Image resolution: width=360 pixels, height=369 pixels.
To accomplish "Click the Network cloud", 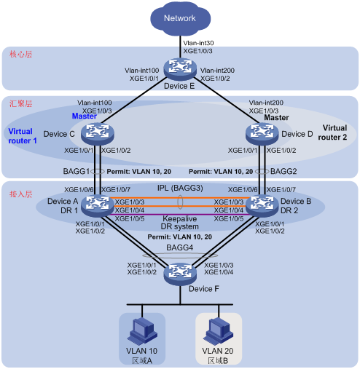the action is click(x=180, y=19).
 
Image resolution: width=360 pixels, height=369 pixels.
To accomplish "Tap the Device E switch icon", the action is click(x=180, y=68).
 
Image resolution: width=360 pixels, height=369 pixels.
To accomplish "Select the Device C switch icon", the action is click(x=98, y=134).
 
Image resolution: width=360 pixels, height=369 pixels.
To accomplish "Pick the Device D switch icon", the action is click(x=262, y=134).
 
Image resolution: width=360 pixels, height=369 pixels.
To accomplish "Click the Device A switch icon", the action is click(x=98, y=206).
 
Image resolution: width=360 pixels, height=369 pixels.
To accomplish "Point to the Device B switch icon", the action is click(x=262, y=206).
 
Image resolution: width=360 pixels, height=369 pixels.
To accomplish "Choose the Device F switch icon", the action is click(x=180, y=274).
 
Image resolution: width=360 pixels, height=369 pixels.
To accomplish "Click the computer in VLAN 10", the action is click(x=142, y=331).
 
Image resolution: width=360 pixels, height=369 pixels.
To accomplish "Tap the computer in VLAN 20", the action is click(x=219, y=331).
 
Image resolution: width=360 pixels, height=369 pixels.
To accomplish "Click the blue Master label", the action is click(x=85, y=116).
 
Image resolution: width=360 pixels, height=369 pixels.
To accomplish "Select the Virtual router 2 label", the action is click(x=332, y=132).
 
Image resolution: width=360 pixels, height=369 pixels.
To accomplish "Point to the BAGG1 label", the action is click(x=77, y=172).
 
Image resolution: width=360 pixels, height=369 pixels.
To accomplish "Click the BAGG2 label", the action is click(x=283, y=172).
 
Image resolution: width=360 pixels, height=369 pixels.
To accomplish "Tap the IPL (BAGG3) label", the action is click(x=180, y=188).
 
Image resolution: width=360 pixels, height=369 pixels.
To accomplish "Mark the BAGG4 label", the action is click(x=180, y=247).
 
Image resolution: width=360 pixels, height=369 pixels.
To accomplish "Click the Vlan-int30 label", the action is click(x=198, y=43).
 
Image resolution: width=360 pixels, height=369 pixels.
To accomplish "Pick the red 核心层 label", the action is click(x=21, y=54).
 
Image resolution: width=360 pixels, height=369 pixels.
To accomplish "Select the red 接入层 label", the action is click(x=21, y=194).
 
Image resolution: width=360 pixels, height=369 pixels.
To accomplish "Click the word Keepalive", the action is click(x=180, y=218).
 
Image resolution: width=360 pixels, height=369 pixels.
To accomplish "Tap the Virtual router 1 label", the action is click(x=23, y=136).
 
